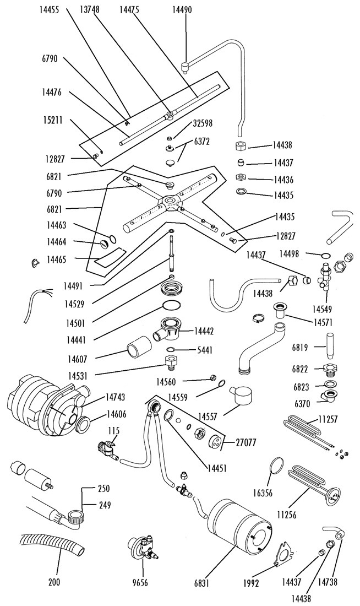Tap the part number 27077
[x=247, y=441]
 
